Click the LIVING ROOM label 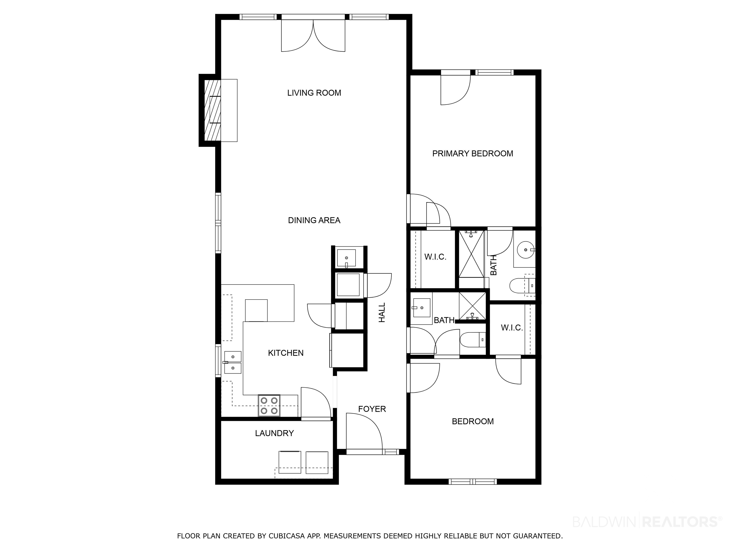click(314, 93)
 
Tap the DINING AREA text click(314, 220)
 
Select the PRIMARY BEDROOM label click(472, 153)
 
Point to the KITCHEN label click(286, 353)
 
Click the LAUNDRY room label click(274, 433)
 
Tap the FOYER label click(372, 409)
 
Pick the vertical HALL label click(382, 312)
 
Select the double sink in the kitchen click(232, 362)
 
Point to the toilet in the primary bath click(522, 285)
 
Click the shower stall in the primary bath click(471, 254)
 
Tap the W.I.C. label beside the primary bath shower click(435, 257)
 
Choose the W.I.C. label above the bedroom click(511, 328)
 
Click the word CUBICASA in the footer click(287, 536)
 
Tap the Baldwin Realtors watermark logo click(647, 522)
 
